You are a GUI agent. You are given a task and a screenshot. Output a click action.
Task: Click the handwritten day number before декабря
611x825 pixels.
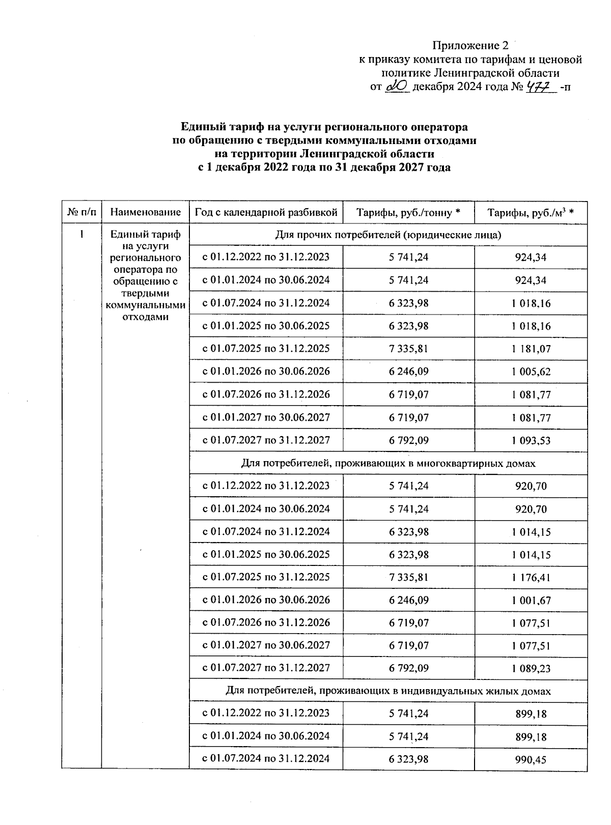click(x=398, y=87)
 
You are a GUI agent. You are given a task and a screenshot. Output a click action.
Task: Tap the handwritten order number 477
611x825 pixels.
click(x=539, y=87)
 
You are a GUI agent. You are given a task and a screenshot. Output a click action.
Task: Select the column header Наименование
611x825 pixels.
click(x=146, y=213)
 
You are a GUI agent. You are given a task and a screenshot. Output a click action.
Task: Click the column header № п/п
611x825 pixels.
click(x=81, y=213)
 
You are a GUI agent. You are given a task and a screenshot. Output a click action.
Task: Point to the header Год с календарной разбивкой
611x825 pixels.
click(x=266, y=213)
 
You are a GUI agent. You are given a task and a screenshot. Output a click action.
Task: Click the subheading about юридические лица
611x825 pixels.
click(x=388, y=235)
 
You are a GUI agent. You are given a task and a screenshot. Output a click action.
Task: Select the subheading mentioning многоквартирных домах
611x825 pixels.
click(x=388, y=464)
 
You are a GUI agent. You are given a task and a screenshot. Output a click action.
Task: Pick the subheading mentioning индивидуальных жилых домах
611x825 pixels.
click(x=388, y=691)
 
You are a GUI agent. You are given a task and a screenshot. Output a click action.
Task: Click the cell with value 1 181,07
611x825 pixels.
click(x=531, y=349)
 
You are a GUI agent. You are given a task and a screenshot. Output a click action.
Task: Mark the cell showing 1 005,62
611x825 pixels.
click(x=531, y=372)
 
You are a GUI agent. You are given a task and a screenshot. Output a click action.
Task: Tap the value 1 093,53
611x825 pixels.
click(x=531, y=441)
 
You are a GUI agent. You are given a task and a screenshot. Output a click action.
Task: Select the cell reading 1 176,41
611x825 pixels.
click(x=531, y=578)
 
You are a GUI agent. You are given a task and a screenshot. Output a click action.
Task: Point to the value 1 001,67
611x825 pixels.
click(x=531, y=601)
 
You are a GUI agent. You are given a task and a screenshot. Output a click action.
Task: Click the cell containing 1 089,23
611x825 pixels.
click(x=531, y=669)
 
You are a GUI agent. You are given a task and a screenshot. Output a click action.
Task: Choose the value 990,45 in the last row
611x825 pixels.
click(x=531, y=760)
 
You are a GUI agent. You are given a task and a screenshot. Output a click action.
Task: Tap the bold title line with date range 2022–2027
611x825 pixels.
click(x=324, y=167)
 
